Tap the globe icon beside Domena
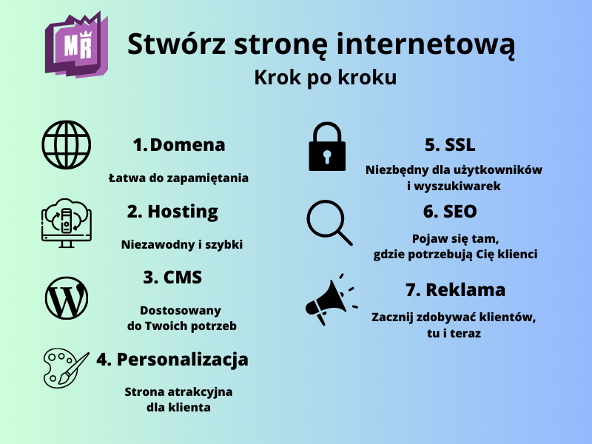[67, 145]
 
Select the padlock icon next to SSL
[326, 146]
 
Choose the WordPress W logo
[67, 298]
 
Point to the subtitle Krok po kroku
[325, 78]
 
